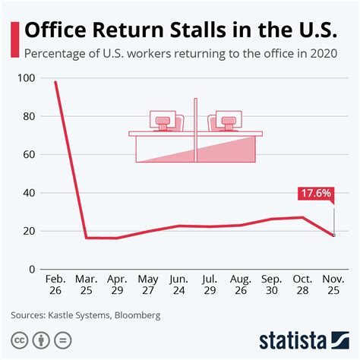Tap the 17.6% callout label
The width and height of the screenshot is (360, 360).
coord(315,194)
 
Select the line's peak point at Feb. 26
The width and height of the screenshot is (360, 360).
coord(55,82)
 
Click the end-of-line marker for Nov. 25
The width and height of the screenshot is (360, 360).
coord(333,235)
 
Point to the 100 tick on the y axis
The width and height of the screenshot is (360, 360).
coord(26,78)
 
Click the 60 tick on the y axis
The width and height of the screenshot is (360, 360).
coord(28,155)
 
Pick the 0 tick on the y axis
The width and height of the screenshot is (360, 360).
coord(31,269)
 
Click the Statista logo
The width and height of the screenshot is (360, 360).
coord(303,339)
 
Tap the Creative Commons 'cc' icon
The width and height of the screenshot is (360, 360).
coord(18,339)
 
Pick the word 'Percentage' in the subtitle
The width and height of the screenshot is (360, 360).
coord(55,53)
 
